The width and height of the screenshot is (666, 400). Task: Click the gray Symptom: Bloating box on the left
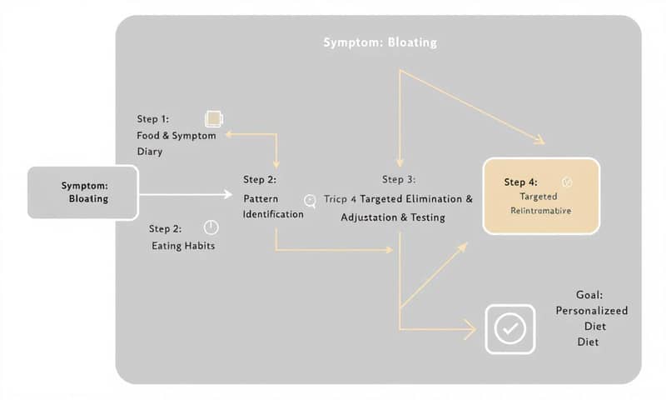[83, 192]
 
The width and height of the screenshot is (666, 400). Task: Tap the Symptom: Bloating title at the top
[380, 42]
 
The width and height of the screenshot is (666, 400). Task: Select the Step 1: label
[153, 120]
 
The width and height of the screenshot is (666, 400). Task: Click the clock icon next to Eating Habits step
[211, 227]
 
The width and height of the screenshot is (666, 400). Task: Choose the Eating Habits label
[183, 246]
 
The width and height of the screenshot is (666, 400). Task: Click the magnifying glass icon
[311, 200]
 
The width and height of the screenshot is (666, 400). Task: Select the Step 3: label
[399, 179]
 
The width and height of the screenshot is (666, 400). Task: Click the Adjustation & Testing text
[393, 217]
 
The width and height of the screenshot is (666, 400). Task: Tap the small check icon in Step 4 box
[568, 181]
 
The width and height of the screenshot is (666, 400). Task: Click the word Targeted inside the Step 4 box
[538, 196]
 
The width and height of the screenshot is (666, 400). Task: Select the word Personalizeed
[592, 310]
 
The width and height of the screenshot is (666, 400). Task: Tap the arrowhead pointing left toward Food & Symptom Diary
[223, 133]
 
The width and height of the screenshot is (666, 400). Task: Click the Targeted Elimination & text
[416, 199]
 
